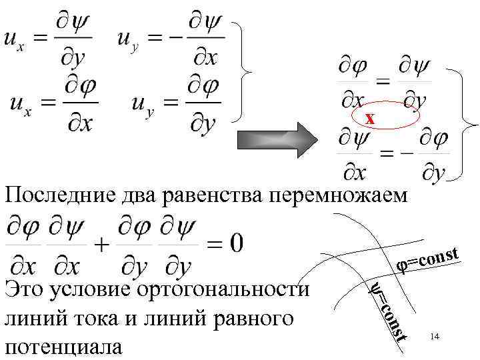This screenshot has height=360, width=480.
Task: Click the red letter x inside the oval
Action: click(x=370, y=119)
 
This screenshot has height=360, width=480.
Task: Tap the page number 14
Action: click(x=434, y=337)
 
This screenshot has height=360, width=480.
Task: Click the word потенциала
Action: click(x=63, y=347)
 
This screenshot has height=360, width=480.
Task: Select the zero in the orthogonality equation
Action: click(x=235, y=241)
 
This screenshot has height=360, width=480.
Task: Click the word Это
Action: click(x=24, y=291)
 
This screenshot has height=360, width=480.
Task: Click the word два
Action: click(x=132, y=195)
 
